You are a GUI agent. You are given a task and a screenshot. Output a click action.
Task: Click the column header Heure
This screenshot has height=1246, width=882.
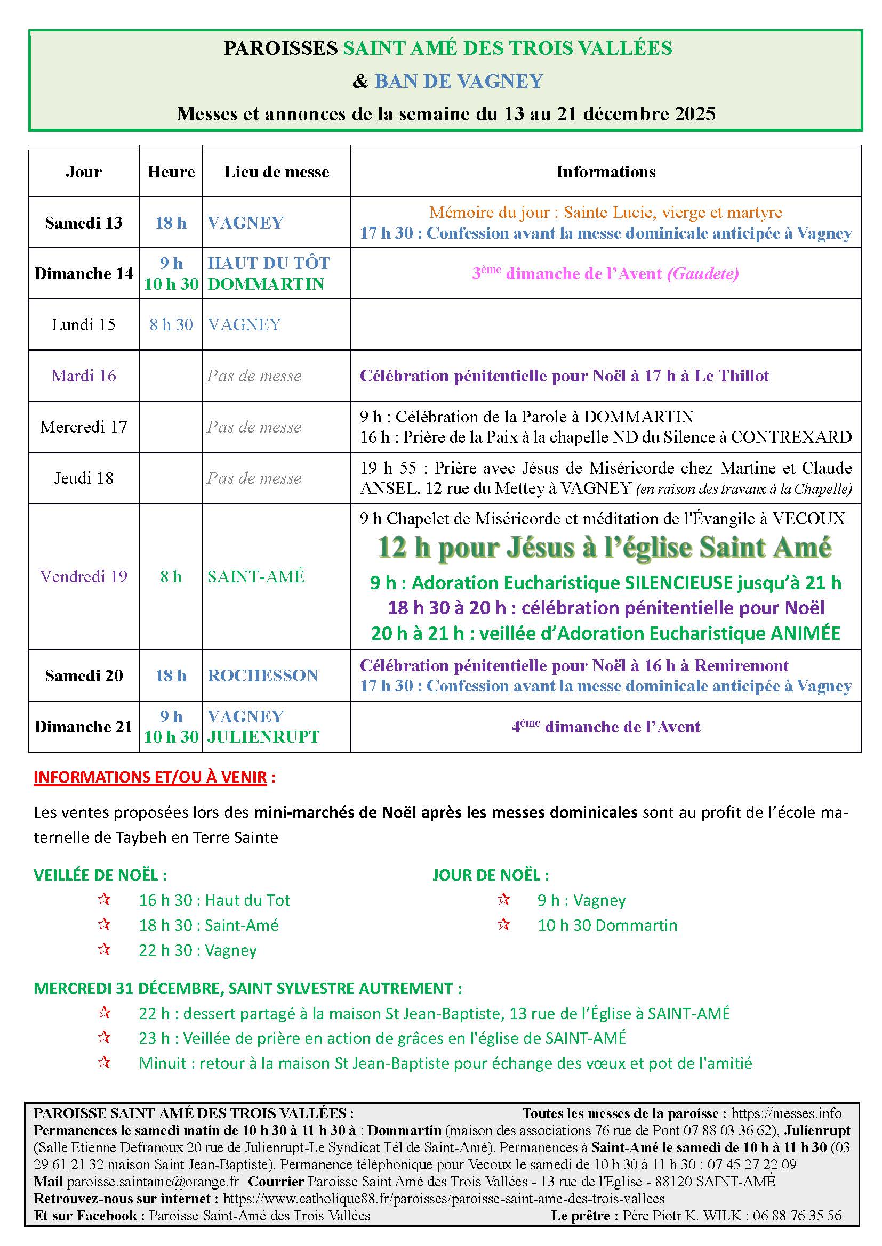(x=171, y=172)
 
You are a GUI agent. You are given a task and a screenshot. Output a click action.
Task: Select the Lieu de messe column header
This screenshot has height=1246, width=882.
(x=276, y=172)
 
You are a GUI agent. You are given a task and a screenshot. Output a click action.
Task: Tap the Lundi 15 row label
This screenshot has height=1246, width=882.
(x=84, y=324)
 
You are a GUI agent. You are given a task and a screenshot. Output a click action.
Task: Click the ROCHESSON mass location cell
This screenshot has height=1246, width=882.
(x=263, y=675)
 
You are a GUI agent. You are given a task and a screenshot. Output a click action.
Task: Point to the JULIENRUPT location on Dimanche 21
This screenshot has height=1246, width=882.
(x=263, y=737)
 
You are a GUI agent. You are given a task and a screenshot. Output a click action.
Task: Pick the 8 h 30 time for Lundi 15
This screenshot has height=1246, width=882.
(x=171, y=324)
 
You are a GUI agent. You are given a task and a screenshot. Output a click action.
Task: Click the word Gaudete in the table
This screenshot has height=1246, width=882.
(x=703, y=273)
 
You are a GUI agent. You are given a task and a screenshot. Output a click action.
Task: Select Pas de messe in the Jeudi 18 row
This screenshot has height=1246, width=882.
(x=254, y=478)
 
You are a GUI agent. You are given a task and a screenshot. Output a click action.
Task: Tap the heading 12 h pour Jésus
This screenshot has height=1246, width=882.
(x=605, y=548)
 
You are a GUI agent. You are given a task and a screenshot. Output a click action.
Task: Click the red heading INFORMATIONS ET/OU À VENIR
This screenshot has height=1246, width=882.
(x=150, y=777)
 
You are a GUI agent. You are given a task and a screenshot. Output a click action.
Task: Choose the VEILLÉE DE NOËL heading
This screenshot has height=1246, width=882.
(x=100, y=875)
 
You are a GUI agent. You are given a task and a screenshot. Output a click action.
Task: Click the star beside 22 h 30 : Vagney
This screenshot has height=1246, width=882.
(x=105, y=949)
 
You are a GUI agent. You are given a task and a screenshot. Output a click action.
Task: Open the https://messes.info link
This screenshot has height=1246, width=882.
(x=787, y=1113)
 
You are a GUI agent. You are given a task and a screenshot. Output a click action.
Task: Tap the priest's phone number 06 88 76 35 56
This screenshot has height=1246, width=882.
(x=797, y=1216)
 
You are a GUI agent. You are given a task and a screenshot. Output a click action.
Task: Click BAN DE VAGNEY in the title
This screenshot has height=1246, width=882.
(x=459, y=82)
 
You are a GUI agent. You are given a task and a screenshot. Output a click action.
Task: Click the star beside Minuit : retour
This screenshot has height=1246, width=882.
(x=105, y=1062)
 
